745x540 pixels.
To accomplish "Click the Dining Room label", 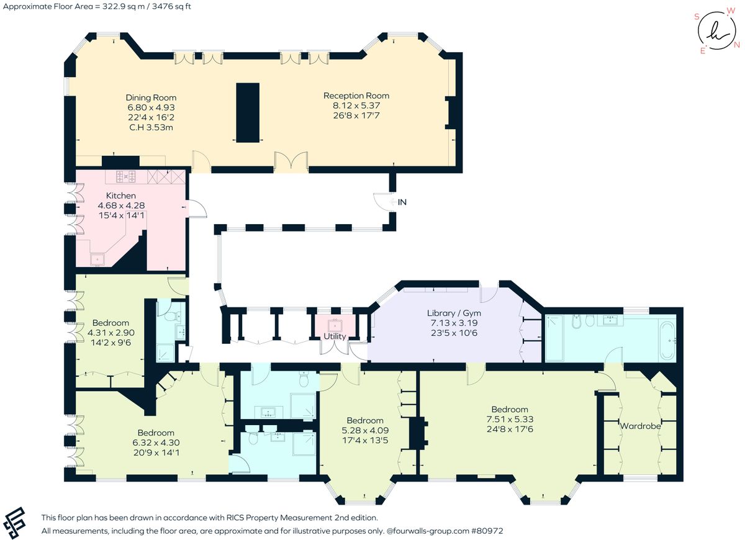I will click(x=151, y=97).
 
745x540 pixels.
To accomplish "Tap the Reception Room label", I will click(x=356, y=96).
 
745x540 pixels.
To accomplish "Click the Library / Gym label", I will click(x=454, y=313).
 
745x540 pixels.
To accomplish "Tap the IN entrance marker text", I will click(x=403, y=202).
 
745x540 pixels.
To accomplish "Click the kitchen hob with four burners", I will click(x=126, y=178).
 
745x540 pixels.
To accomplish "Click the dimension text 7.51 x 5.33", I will click(x=510, y=419).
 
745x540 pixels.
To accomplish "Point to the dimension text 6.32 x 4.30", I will click(x=156, y=443).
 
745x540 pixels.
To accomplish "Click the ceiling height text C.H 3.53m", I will click(x=151, y=127).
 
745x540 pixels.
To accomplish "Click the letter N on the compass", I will click(x=737, y=45).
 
